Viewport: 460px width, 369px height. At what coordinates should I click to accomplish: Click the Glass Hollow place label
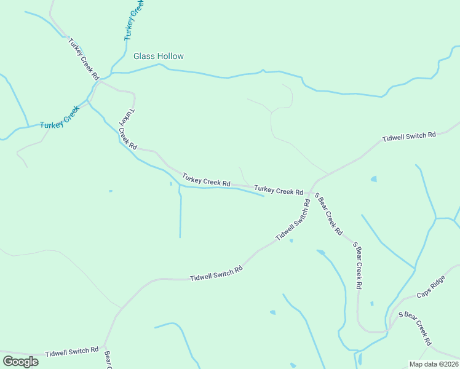159,56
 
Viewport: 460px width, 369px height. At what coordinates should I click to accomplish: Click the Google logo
20,361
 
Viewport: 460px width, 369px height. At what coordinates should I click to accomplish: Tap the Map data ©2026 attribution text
434,364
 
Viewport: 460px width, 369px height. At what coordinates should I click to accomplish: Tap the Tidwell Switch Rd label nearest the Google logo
72,352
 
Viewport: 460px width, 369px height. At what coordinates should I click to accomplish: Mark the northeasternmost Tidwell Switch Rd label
409,135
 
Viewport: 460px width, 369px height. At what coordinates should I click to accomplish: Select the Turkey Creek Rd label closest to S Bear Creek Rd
279,191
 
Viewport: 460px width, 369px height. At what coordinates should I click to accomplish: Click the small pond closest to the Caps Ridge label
371,303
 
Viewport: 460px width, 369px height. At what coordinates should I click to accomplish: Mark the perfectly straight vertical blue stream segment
180,215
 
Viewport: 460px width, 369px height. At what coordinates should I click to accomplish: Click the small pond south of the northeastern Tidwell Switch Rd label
373,179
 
